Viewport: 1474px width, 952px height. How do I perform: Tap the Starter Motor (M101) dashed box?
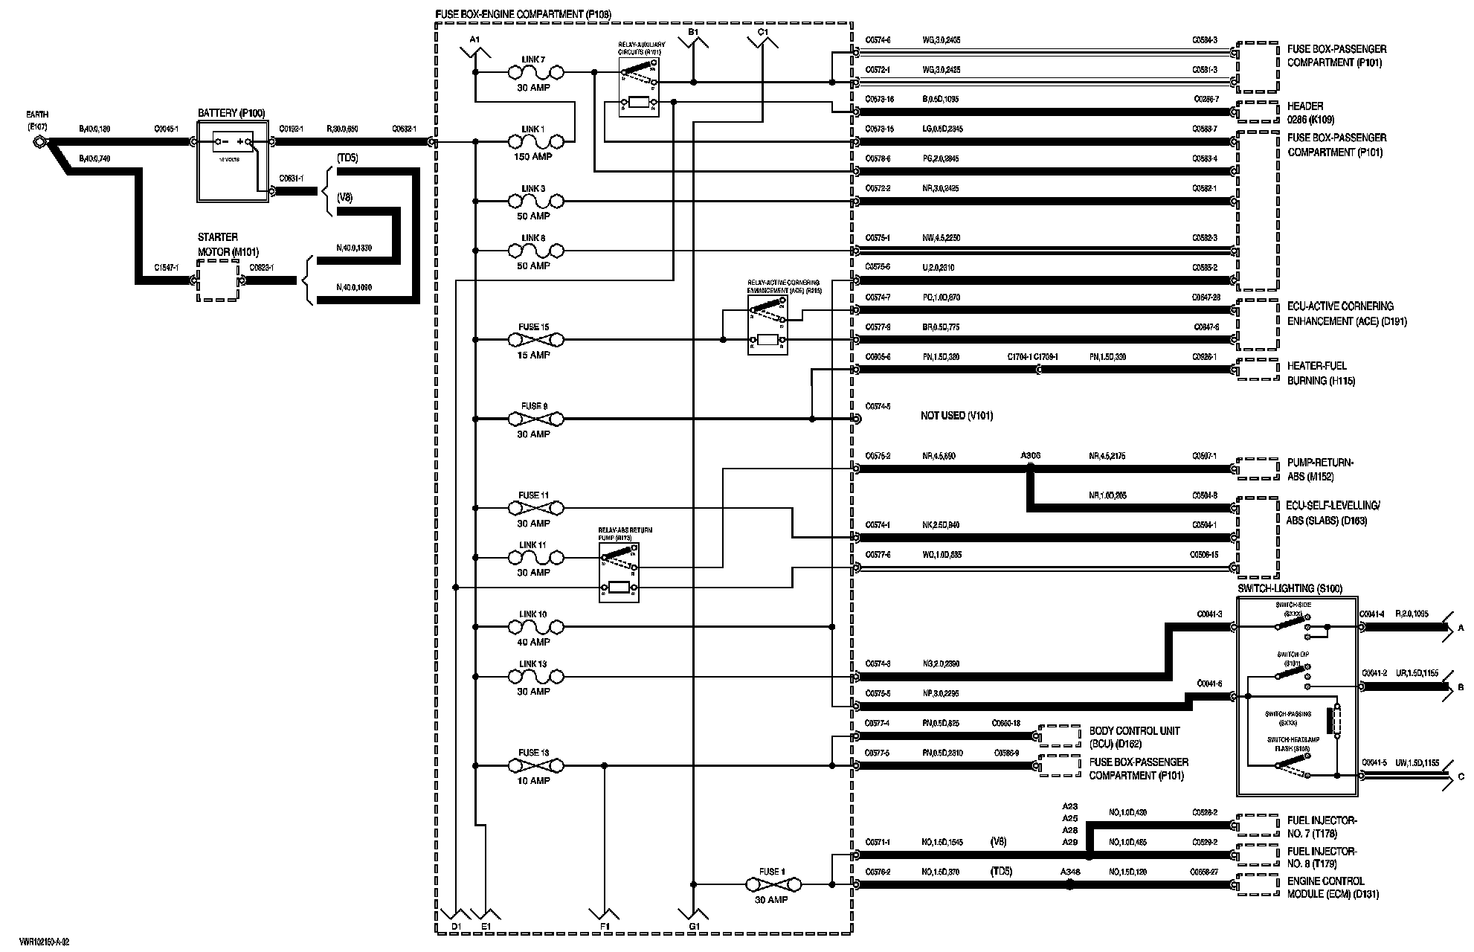[218, 281]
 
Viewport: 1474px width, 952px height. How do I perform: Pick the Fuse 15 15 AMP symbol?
[535, 340]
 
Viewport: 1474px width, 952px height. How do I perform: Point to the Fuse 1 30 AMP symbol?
[773, 884]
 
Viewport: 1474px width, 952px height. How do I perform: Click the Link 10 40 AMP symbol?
[535, 627]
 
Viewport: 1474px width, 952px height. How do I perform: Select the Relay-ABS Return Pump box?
[619, 571]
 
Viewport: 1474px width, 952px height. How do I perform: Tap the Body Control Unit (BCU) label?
[1134, 737]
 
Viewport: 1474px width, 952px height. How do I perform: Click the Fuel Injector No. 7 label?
[1322, 827]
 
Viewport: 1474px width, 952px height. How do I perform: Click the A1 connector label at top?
[475, 39]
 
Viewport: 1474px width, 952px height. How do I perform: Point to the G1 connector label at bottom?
[694, 926]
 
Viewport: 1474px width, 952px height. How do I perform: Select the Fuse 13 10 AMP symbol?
[535, 765]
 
